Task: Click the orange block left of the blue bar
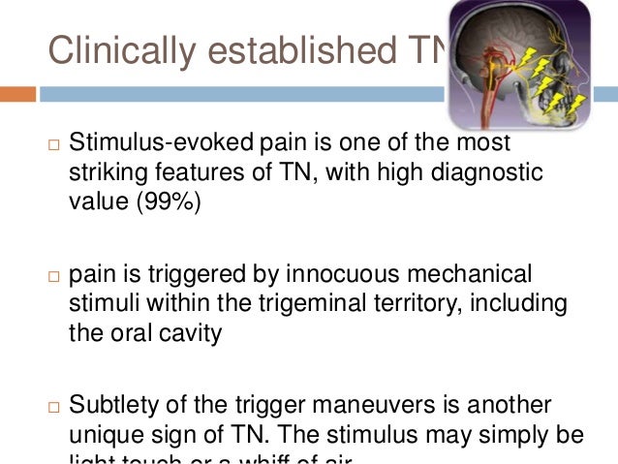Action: [17, 95]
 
